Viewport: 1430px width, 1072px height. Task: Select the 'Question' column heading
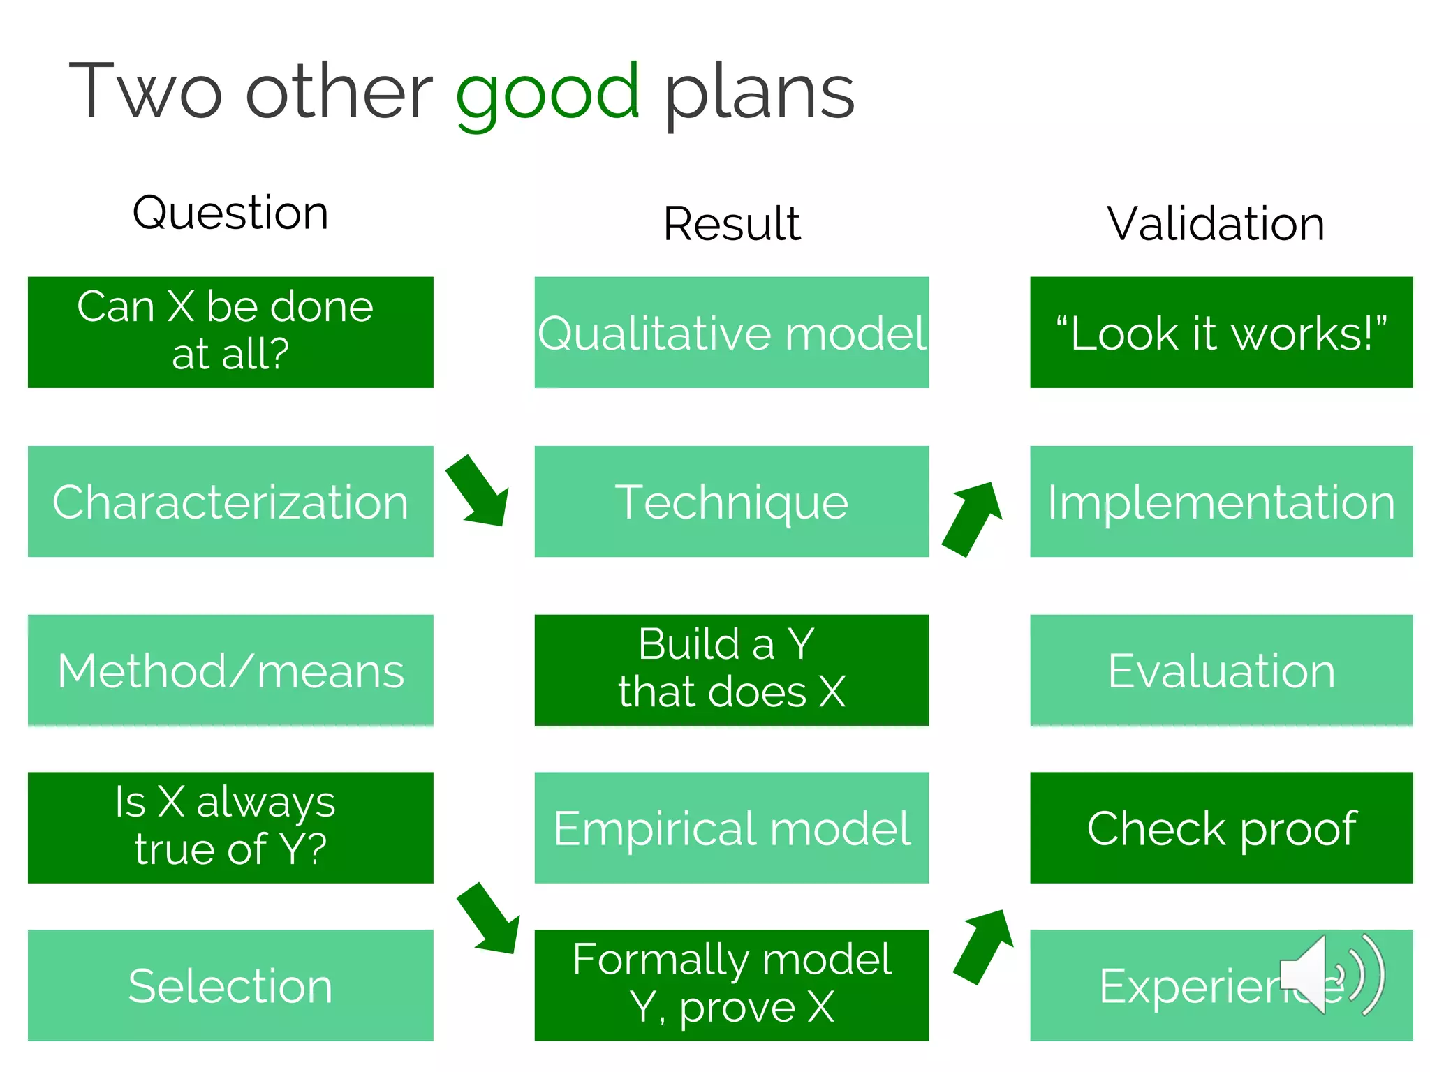coord(230,212)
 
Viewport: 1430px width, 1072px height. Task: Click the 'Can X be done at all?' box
coord(230,332)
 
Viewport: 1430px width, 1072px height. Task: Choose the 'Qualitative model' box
coord(731,332)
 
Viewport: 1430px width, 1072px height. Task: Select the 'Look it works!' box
coord(1221,332)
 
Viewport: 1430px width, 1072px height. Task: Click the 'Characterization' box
coord(230,501)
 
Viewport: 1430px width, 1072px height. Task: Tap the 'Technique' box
coord(731,501)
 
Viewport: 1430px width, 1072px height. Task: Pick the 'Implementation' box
coord(1221,501)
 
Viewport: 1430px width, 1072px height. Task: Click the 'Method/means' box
coord(230,670)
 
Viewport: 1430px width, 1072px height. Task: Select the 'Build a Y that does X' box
coord(731,670)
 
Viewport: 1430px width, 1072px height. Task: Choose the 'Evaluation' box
coord(1221,670)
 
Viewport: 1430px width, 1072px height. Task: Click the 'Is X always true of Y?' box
coord(230,827)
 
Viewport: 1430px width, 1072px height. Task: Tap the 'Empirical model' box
coord(731,827)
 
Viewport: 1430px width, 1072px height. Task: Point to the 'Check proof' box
coord(1221,827)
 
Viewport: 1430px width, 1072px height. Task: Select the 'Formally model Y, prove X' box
coord(731,984)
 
